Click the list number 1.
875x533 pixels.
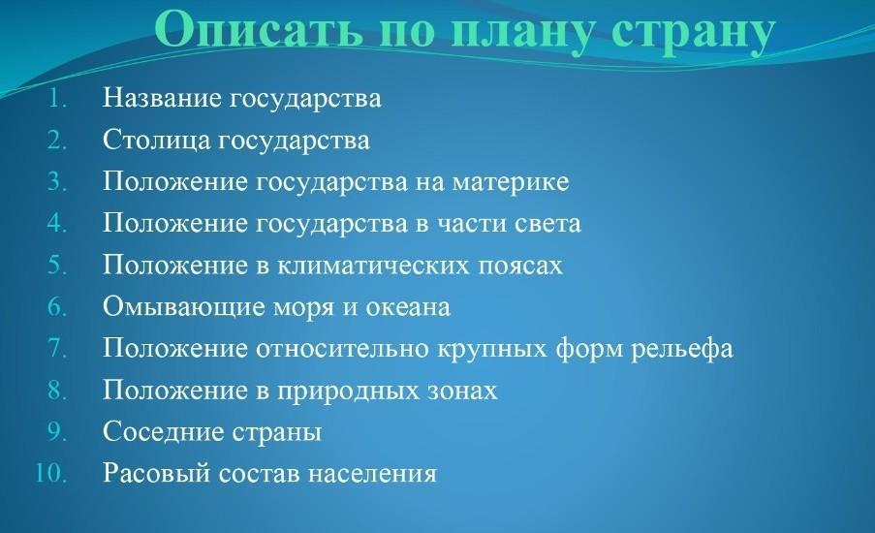(57, 98)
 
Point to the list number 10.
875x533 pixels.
(50, 473)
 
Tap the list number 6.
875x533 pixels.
(57, 306)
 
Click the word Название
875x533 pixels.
(163, 98)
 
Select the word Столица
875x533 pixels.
(155, 140)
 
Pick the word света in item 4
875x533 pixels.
(547, 224)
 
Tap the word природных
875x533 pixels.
(349, 392)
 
